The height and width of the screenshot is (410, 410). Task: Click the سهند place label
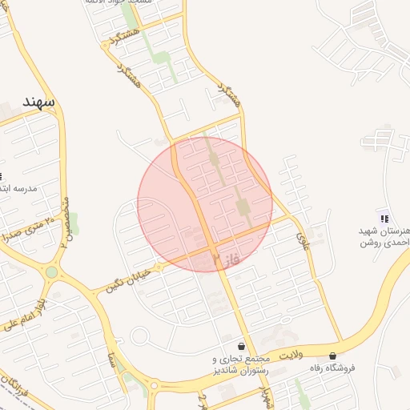click(38, 102)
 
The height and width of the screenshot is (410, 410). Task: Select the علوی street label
click(303, 236)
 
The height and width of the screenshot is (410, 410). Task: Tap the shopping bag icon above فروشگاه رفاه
click(332, 356)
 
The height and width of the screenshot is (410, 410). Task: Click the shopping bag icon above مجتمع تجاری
click(241, 346)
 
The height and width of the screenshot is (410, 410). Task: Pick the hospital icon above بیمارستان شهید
click(384, 218)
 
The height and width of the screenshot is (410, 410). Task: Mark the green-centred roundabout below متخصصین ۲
click(52, 272)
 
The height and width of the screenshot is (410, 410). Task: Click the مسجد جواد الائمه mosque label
click(120, 2)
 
